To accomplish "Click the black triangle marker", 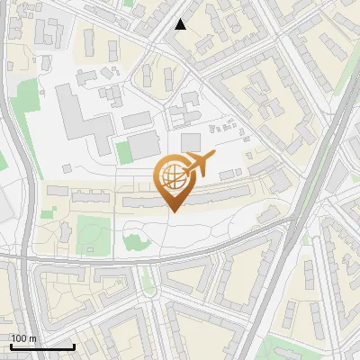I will (181, 24).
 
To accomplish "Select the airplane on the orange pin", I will (201, 164).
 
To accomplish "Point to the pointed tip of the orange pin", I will (174, 212).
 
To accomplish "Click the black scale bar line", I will (42, 346).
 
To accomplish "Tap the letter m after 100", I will (32, 338).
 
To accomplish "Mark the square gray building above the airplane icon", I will (191, 141).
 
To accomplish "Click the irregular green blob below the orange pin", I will (135, 240).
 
